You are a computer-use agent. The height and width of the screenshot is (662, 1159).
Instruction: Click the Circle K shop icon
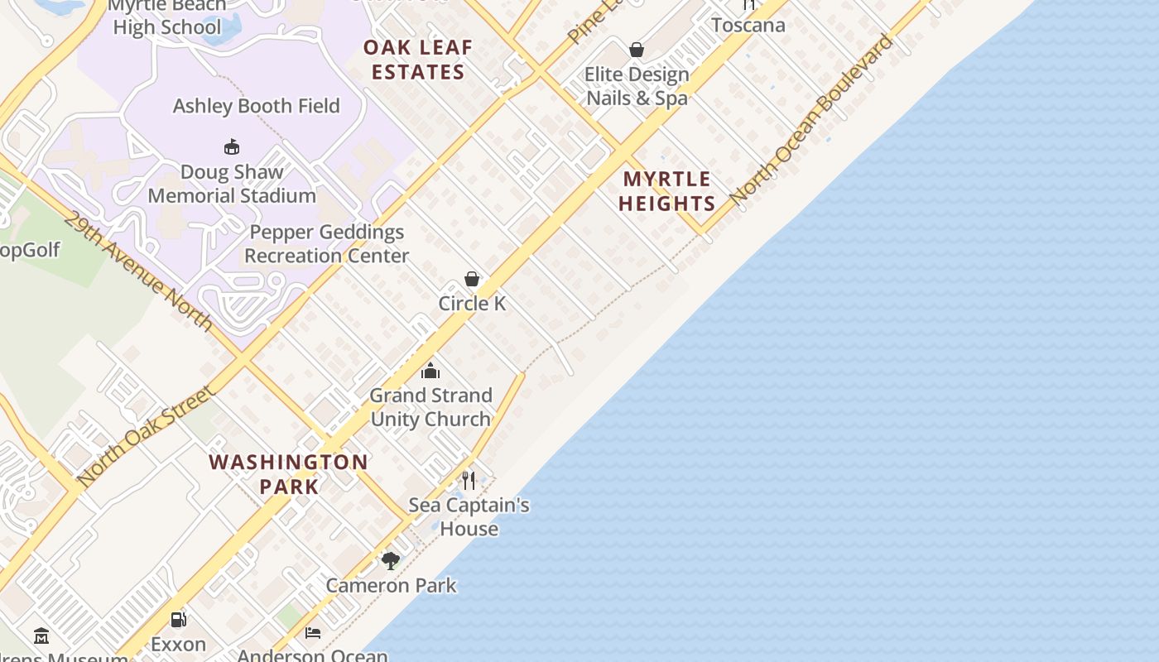click(472, 279)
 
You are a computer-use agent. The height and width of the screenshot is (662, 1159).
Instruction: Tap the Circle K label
click(472, 304)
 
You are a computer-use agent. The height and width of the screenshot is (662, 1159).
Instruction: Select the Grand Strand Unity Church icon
click(430, 370)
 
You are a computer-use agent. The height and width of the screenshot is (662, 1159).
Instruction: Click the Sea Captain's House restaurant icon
click(469, 480)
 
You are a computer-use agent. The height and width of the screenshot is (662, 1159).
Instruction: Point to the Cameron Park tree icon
click(391, 561)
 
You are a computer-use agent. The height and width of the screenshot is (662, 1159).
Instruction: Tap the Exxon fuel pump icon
click(178, 619)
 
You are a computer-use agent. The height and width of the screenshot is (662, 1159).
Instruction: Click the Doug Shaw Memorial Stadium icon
click(232, 147)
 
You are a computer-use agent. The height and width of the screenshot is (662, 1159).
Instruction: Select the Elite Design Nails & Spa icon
click(637, 50)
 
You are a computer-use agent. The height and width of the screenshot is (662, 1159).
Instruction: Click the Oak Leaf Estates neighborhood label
click(418, 60)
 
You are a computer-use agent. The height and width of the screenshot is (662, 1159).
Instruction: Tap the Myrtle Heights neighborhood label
click(666, 191)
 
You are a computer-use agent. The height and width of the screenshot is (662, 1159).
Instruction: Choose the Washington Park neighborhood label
click(289, 474)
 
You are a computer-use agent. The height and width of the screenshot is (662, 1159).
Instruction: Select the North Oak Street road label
click(146, 435)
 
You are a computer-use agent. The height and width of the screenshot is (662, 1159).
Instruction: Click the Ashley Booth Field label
click(256, 106)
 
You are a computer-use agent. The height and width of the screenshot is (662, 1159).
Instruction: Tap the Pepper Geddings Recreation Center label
click(327, 244)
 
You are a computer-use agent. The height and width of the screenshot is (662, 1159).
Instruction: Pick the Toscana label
click(748, 25)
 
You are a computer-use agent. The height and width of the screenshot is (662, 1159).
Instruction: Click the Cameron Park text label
click(391, 586)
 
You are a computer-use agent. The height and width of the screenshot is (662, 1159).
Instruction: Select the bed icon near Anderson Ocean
click(313, 633)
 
